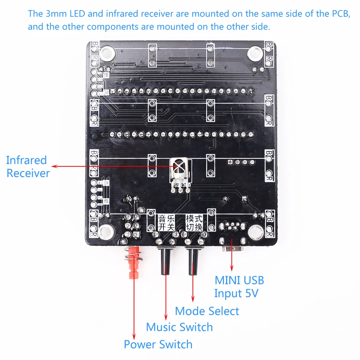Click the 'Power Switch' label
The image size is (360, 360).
158,344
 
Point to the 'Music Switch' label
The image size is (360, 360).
179,327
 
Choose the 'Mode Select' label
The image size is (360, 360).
207,311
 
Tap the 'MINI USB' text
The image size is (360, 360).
239,280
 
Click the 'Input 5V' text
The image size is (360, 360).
237,293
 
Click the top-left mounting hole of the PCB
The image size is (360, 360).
107,55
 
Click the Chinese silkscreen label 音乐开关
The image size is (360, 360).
166,222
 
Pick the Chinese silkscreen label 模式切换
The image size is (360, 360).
194,222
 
